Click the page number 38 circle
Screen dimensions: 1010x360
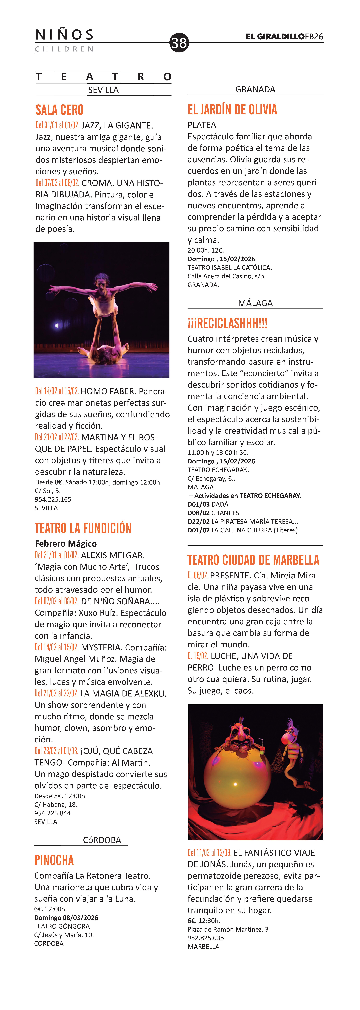(x=179, y=42)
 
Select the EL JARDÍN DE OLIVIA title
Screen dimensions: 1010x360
(x=232, y=109)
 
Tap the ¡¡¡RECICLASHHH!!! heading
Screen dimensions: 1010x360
(x=227, y=323)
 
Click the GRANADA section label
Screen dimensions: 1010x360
(x=255, y=89)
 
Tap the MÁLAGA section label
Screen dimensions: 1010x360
(x=255, y=303)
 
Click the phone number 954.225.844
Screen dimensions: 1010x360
(x=53, y=813)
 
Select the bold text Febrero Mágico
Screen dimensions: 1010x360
(x=66, y=543)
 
